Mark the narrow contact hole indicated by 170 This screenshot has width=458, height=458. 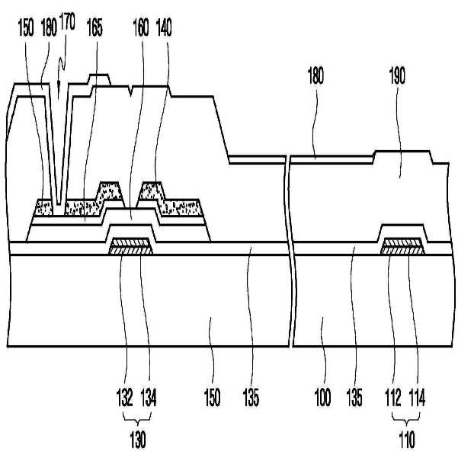pos(60,152)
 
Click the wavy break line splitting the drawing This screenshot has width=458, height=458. pos(290,251)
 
